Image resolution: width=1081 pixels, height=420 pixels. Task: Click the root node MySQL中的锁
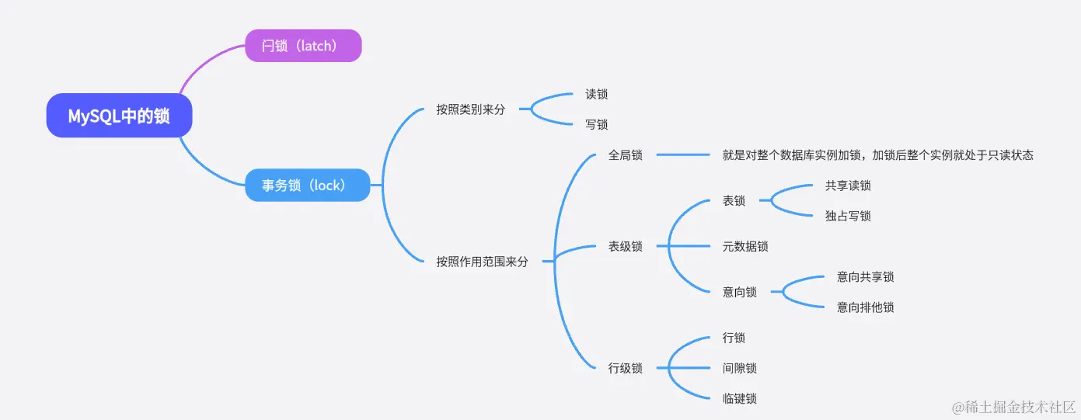119,116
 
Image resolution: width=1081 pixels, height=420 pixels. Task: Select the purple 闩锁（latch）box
303,46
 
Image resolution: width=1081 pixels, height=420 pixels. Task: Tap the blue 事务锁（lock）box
307,186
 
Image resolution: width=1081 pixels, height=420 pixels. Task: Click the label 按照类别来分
470,109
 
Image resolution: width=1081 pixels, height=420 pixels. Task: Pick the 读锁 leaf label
596,95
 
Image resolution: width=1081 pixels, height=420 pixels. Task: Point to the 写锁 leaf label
596,125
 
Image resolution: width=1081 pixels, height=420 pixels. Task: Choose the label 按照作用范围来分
482,262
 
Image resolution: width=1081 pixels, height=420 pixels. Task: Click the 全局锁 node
625,155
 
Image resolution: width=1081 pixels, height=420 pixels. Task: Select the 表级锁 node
625,247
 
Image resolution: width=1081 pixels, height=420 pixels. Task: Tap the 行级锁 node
625,368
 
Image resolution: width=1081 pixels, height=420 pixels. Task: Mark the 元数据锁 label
745,247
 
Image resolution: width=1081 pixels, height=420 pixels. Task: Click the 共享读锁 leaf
848,186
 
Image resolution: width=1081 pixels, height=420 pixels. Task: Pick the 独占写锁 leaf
848,216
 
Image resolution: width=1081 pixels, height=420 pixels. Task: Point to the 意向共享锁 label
865,277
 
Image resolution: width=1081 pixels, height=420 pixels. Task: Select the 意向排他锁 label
865,307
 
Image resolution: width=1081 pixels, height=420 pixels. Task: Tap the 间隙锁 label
739,368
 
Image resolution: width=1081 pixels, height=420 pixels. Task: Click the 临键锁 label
739,398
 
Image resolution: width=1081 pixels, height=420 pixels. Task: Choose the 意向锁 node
739,293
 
